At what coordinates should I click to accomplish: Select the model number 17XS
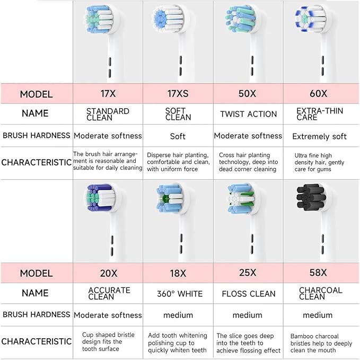(178, 94)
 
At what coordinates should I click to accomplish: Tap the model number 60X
(318, 94)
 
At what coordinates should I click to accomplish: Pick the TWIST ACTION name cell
(249, 114)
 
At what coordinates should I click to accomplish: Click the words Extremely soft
(319, 136)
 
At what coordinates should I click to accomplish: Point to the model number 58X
(318, 273)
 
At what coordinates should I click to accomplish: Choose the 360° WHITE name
(180, 294)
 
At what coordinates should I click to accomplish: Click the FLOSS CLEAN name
(249, 294)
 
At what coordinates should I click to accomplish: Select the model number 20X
(108, 273)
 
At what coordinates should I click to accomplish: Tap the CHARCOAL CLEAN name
(321, 293)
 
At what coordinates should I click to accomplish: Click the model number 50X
(247, 94)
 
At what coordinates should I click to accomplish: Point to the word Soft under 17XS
(178, 136)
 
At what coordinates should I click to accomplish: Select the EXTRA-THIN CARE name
(320, 114)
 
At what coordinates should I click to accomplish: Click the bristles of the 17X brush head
(99, 19)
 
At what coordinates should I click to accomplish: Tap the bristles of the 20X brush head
(101, 197)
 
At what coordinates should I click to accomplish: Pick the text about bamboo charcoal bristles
(321, 343)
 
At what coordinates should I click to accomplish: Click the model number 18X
(178, 273)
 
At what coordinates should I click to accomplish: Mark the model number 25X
(248, 273)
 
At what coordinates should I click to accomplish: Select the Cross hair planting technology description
(248, 162)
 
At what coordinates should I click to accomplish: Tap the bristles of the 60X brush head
(310, 19)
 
